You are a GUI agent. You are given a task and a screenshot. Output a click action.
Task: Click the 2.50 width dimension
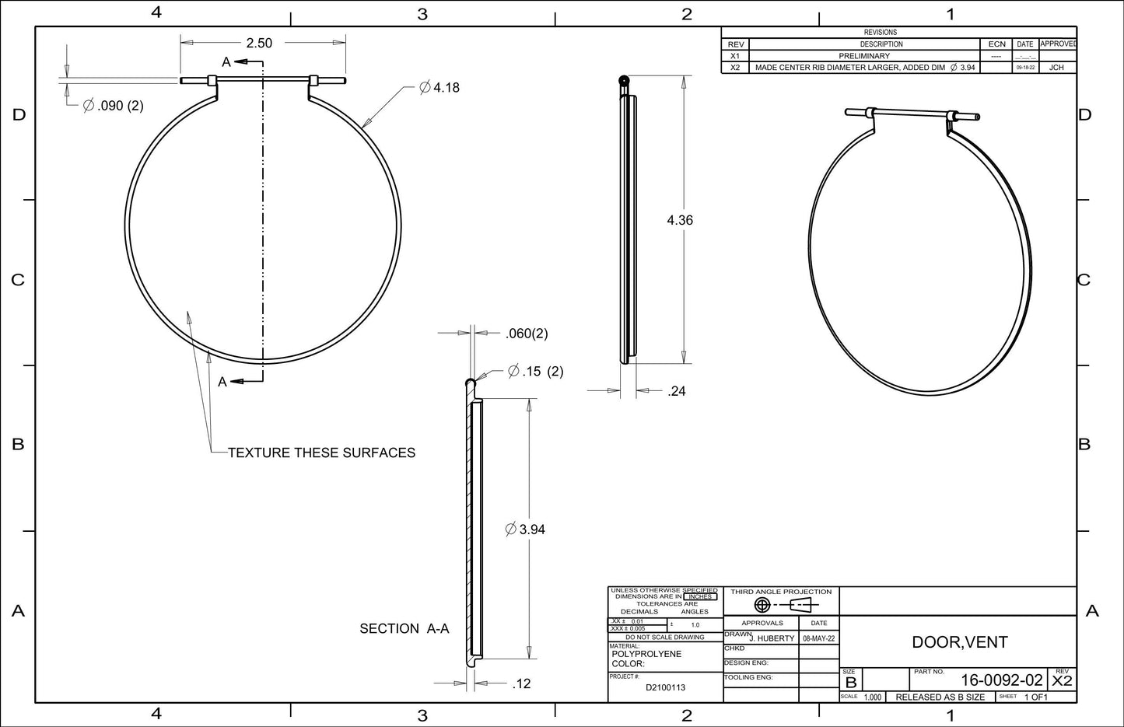(x=259, y=43)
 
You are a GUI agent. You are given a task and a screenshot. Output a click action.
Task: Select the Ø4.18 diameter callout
(x=439, y=88)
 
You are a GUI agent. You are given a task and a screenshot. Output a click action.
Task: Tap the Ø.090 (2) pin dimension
(x=114, y=106)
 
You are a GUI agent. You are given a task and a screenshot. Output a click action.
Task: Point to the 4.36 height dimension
(x=680, y=220)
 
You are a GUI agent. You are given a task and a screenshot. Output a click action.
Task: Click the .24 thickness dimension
(x=677, y=391)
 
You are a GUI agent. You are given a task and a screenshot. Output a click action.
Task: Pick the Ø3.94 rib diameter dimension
(x=525, y=530)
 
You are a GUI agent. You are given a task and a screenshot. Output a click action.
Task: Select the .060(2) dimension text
(x=527, y=334)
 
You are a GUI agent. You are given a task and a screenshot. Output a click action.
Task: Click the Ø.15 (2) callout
(x=535, y=372)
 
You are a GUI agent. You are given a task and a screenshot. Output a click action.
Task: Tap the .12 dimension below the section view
(x=521, y=684)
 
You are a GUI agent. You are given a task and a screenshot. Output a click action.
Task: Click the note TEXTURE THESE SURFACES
(x=321, y=453)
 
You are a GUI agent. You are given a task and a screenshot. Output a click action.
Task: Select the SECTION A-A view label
(x=404, y=628)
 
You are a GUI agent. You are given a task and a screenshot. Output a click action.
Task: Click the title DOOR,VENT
(x=959, y=642)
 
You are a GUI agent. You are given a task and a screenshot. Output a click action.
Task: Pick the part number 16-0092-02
(x=1001, y=680)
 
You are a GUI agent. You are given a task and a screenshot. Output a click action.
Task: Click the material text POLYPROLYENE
(x=646, y=654)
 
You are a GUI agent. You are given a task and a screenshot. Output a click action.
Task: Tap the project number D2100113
(x=665, y=687)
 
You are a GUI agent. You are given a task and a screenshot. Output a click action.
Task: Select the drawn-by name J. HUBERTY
(x=772, y=638)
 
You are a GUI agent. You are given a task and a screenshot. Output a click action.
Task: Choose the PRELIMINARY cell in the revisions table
(x=863, y=56)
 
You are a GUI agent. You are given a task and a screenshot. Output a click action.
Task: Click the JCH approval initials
(x=1056, y=68)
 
